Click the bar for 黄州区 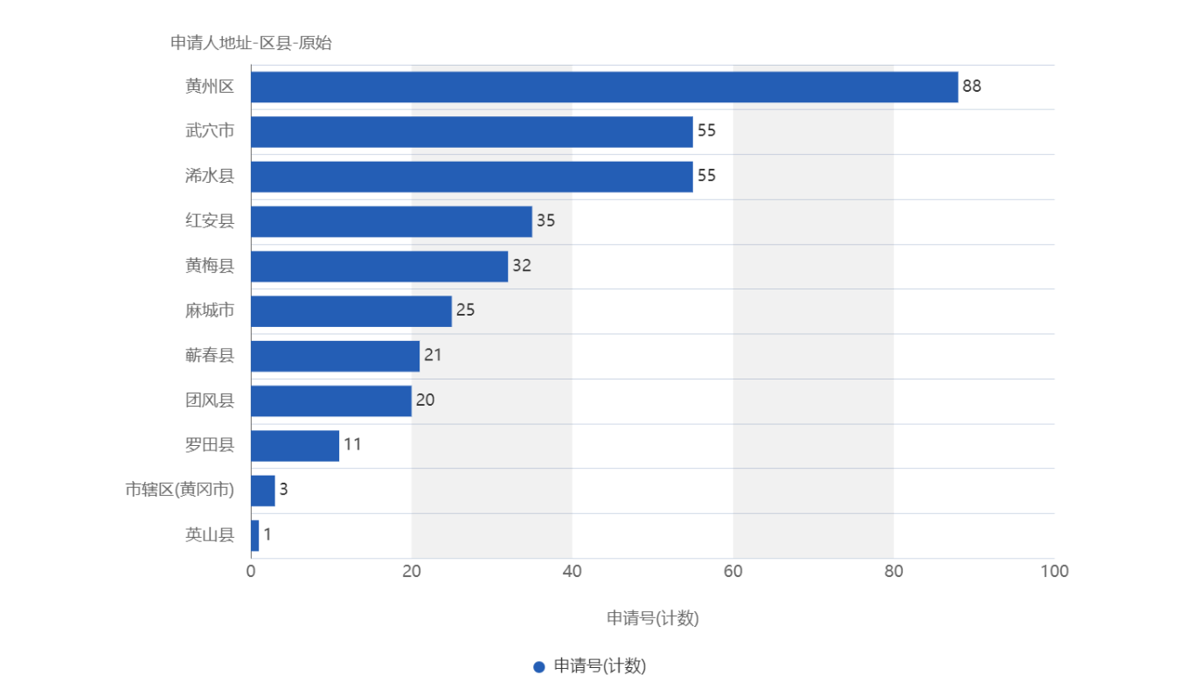[x=604, y=87]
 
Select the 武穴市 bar [x=472, y=132]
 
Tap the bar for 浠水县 [x=472, y=177]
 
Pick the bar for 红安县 [x=392, y=221]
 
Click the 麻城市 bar [x=351, y=311]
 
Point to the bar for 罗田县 [x=295, y=446]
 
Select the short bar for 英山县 [x=255, y=535]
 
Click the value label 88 [x=971, y=87]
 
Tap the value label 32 [x=522, y=266]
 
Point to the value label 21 [x=433, y=356]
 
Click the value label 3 [x=283, y=490]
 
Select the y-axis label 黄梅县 [x=210, y=266]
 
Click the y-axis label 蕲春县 [x=210, y=356]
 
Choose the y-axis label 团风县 [x=210, y=400]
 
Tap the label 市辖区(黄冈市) [x=180, y=490]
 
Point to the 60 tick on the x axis [x=732, y=572]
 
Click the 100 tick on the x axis [x=1054, y=572]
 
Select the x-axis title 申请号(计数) [x=652, y=618]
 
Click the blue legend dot [x=539, y=666]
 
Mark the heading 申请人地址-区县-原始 [x=251, y=44]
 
